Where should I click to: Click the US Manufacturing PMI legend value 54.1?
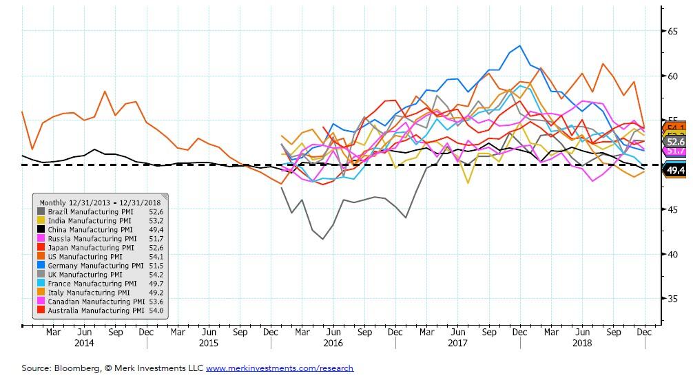156,256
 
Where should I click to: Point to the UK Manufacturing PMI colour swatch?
41,274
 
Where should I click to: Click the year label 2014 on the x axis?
83,343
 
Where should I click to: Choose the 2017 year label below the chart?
457,343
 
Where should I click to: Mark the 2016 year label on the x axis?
333,343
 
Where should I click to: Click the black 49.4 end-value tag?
675,171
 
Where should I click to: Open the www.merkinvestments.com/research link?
280,368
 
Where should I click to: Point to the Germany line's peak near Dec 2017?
519,46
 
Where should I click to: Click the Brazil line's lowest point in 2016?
323,239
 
